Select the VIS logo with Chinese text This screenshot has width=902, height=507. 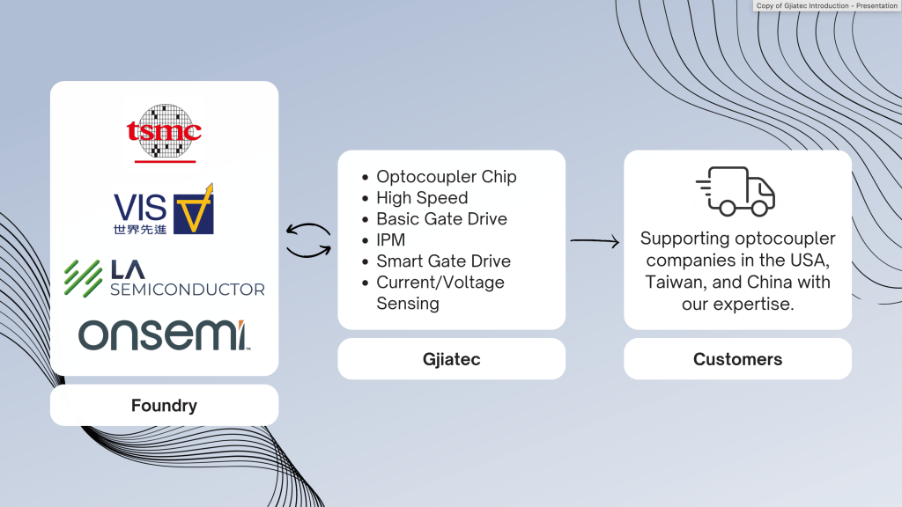[x=164, y=209]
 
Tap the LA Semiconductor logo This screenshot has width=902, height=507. [x=164, y=278]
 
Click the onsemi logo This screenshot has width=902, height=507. [x=164, y=335]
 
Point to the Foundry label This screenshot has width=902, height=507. [x=164, y=406]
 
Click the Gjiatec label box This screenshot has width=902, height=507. [x=451, y=359]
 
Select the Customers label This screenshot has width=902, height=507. [x=737, y=359]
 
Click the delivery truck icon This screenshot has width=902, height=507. [x=736, y=191]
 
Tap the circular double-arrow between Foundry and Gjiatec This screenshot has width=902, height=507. [x=308, y=240]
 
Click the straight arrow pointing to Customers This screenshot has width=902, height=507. [x=595, y=240]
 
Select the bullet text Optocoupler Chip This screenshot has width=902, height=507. [x=446, y=177]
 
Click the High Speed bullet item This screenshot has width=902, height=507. [x=422, y=198]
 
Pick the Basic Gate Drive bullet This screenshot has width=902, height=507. [x=441, y=219]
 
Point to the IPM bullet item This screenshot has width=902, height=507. [x=390, y=240]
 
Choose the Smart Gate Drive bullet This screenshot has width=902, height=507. [x=443, y=261]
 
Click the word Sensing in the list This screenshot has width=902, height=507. [x=408, y=304]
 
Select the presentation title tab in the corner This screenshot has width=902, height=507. [x=826, y=5]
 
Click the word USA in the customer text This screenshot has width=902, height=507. [x=807, y=261]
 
